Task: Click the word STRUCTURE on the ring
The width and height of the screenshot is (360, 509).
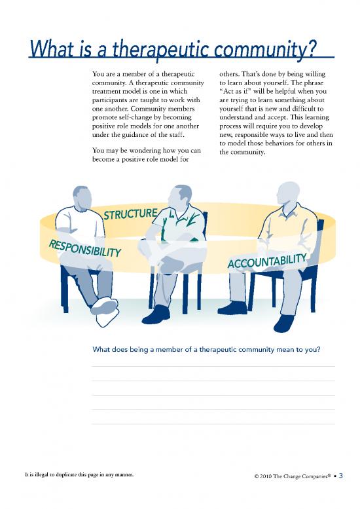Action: coord(131,214)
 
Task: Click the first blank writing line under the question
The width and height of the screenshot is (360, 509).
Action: coord(213,366)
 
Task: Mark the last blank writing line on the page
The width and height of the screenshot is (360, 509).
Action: coord(213,424)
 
